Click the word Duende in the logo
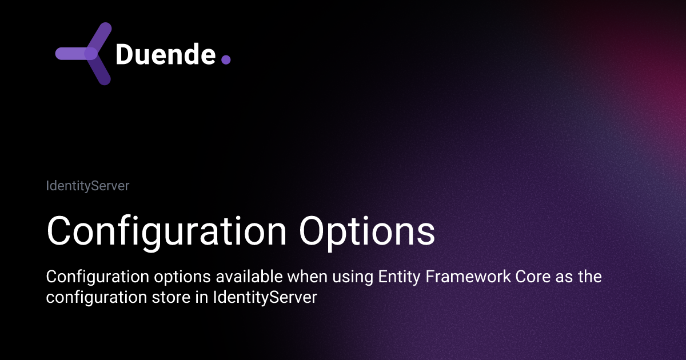[165, 54]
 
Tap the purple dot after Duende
[225, 59]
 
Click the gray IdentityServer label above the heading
[87, 186]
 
